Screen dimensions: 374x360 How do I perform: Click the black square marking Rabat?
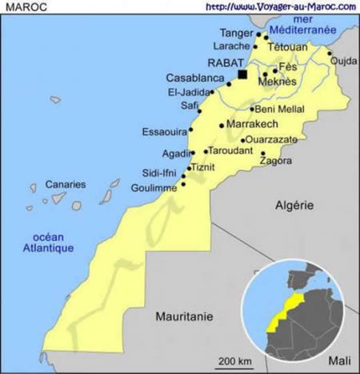pyautogui.click(x=242, y=74)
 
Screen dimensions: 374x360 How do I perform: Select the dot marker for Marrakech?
pyautogui.click(x=222, y=125)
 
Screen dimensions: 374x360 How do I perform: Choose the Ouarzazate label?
pyautogui.click(x=271, y=139)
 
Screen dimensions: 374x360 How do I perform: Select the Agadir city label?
pyautogui.click(x=174, y=153)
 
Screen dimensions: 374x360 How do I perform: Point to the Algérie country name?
pyautogui.click(x=294, y=205)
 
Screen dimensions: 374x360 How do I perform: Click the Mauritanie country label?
pyautogui.click(x=185, y=316)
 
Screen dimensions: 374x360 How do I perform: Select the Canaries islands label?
pyautogui.click(x=65, y=184)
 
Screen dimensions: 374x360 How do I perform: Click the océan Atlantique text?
pyautogui.click(x=47, y=243)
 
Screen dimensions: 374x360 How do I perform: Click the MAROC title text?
pyautogui.click(x=22, y=6)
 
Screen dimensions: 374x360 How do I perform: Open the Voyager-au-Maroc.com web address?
pyautogui.click(x=280, y=6)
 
